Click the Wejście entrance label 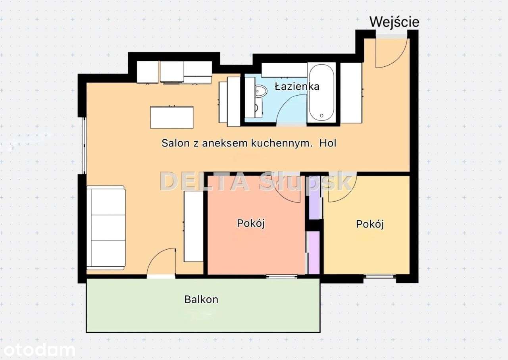coord(394,22)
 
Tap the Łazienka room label coord(297,86)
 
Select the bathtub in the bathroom coord(321,93)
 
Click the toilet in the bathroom coord(260,92)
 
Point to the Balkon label coord(201,299)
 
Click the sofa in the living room coord(106,227)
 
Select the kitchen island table coord(172,117)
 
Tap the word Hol coord(327,143)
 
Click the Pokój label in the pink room coord(251,223)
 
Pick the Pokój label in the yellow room coord(370,224)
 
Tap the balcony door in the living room coord(161,264)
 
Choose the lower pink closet coord(314,252)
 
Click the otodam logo coord(38,350)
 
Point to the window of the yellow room coord(379,276)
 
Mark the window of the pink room coord(282,276)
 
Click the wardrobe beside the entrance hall coord(351,93)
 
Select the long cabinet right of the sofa coord(194,226)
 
